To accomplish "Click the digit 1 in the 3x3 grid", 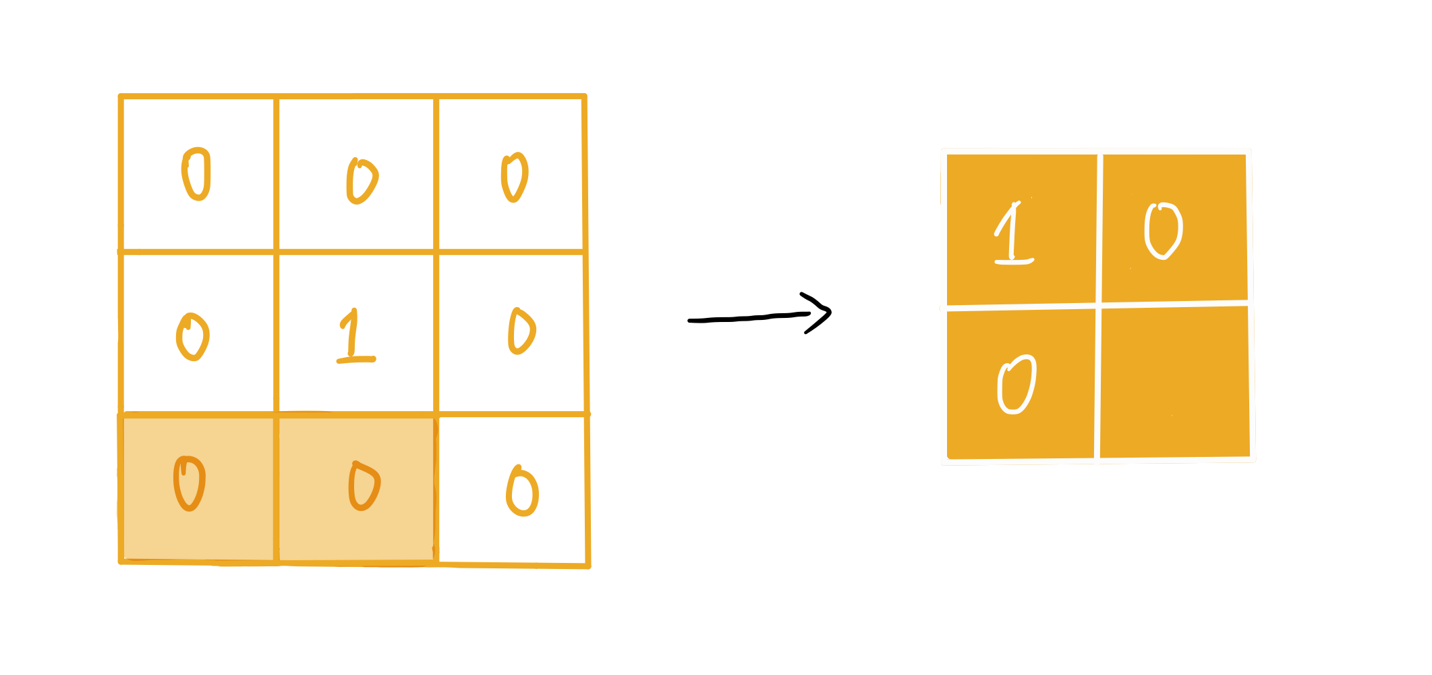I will [353, 337].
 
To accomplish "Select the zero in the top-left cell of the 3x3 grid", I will [196, 174].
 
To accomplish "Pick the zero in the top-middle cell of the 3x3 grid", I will [362, 181].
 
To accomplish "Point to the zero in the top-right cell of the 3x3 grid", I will [515, 178].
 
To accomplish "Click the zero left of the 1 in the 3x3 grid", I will [193, 337].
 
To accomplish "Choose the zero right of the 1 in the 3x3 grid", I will [521, 331].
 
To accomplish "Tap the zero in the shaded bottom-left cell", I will [190, 484].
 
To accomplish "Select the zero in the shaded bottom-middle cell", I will [364, 487].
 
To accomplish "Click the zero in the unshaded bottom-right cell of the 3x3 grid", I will [523, 492].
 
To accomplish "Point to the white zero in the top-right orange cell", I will [1164, 231].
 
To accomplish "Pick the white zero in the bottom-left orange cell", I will [1016, 384].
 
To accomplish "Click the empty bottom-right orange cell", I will [1174, 382].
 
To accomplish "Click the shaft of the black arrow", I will [749, 318].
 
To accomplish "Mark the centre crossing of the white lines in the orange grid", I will [1098, 306].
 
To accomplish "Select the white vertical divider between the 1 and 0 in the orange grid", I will [1099, 230].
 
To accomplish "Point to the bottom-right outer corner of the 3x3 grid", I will [588, 566].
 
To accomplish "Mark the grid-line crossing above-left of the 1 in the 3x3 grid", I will [277, 252].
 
